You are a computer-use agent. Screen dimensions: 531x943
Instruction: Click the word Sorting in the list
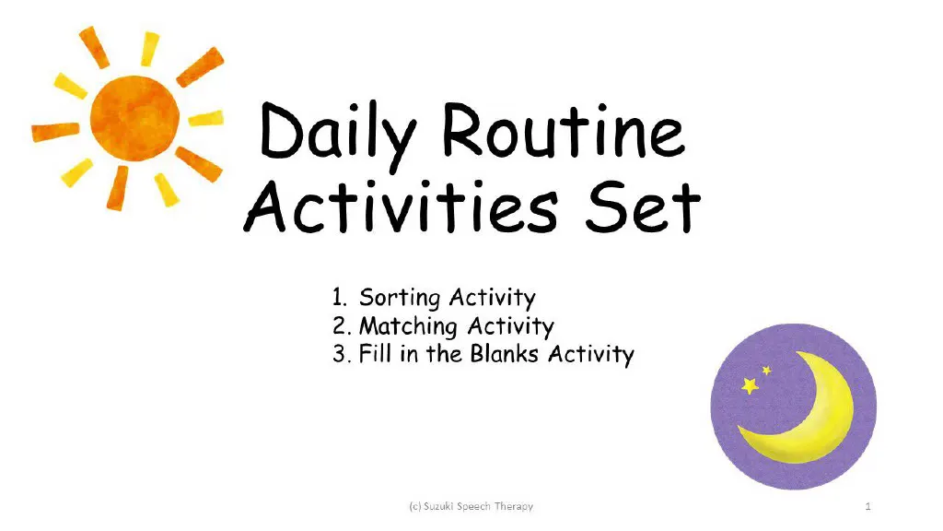[402, 299]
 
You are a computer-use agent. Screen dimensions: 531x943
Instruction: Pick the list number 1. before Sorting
[340, 298]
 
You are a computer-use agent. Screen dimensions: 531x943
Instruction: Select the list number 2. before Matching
[343, 326]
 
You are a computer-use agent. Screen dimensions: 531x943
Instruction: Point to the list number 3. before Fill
[343, 355]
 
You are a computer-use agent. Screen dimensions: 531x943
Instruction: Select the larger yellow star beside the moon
[751, 384]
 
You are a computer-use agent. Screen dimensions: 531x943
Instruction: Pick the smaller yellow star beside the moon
[766, 371]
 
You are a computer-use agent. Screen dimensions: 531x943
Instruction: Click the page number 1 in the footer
[868, 506]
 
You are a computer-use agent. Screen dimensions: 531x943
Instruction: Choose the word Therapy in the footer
[513, 506]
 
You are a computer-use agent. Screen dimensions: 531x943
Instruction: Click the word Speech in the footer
[474, 506]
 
